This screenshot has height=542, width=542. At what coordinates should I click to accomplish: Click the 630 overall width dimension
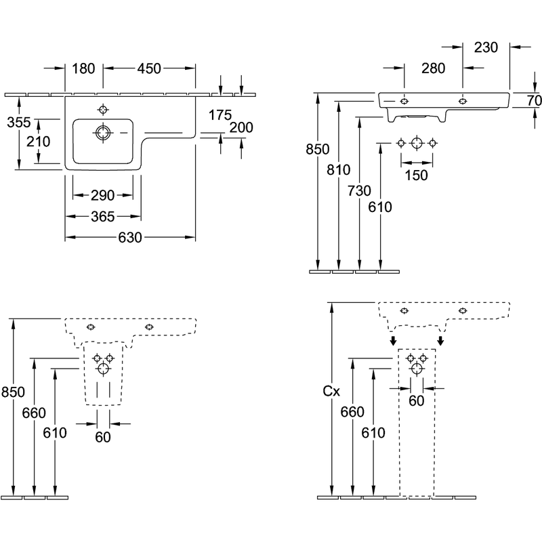tap(130, 238)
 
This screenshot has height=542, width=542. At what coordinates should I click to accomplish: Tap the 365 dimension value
tap(103, 217)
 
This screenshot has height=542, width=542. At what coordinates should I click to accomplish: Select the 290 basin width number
tap(103, 196)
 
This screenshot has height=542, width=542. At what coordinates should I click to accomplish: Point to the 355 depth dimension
tap(19, 123)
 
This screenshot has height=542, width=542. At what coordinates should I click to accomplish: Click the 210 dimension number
tap(39, 142)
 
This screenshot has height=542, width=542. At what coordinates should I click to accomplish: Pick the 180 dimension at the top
tap(83, 69)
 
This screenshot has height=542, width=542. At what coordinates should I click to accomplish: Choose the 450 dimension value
tap(149, 69)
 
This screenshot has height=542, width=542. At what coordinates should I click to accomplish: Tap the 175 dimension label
tap(220, 115)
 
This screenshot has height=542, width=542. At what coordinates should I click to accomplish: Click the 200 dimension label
tap(241, 127)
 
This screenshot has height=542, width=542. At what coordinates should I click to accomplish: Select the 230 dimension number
tap(486, 47)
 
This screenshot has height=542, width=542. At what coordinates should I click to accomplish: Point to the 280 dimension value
tap(433, 68)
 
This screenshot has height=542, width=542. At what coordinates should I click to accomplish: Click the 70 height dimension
tap(534, 100)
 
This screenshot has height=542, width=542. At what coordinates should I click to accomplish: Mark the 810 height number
tap(339, 170)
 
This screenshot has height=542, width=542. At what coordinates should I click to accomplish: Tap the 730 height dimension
tap(360, 191)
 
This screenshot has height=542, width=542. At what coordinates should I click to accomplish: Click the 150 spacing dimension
tap(416, 175)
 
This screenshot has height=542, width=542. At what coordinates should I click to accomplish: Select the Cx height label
tap(331, 392)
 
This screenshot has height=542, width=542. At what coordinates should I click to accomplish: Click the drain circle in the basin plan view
tap(103, 133)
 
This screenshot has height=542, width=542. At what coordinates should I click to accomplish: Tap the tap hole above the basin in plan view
tap(103, 110)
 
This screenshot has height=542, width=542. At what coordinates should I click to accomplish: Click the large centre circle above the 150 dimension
tap(417, 143)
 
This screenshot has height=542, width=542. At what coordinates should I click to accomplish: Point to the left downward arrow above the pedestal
tap(393, 341)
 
